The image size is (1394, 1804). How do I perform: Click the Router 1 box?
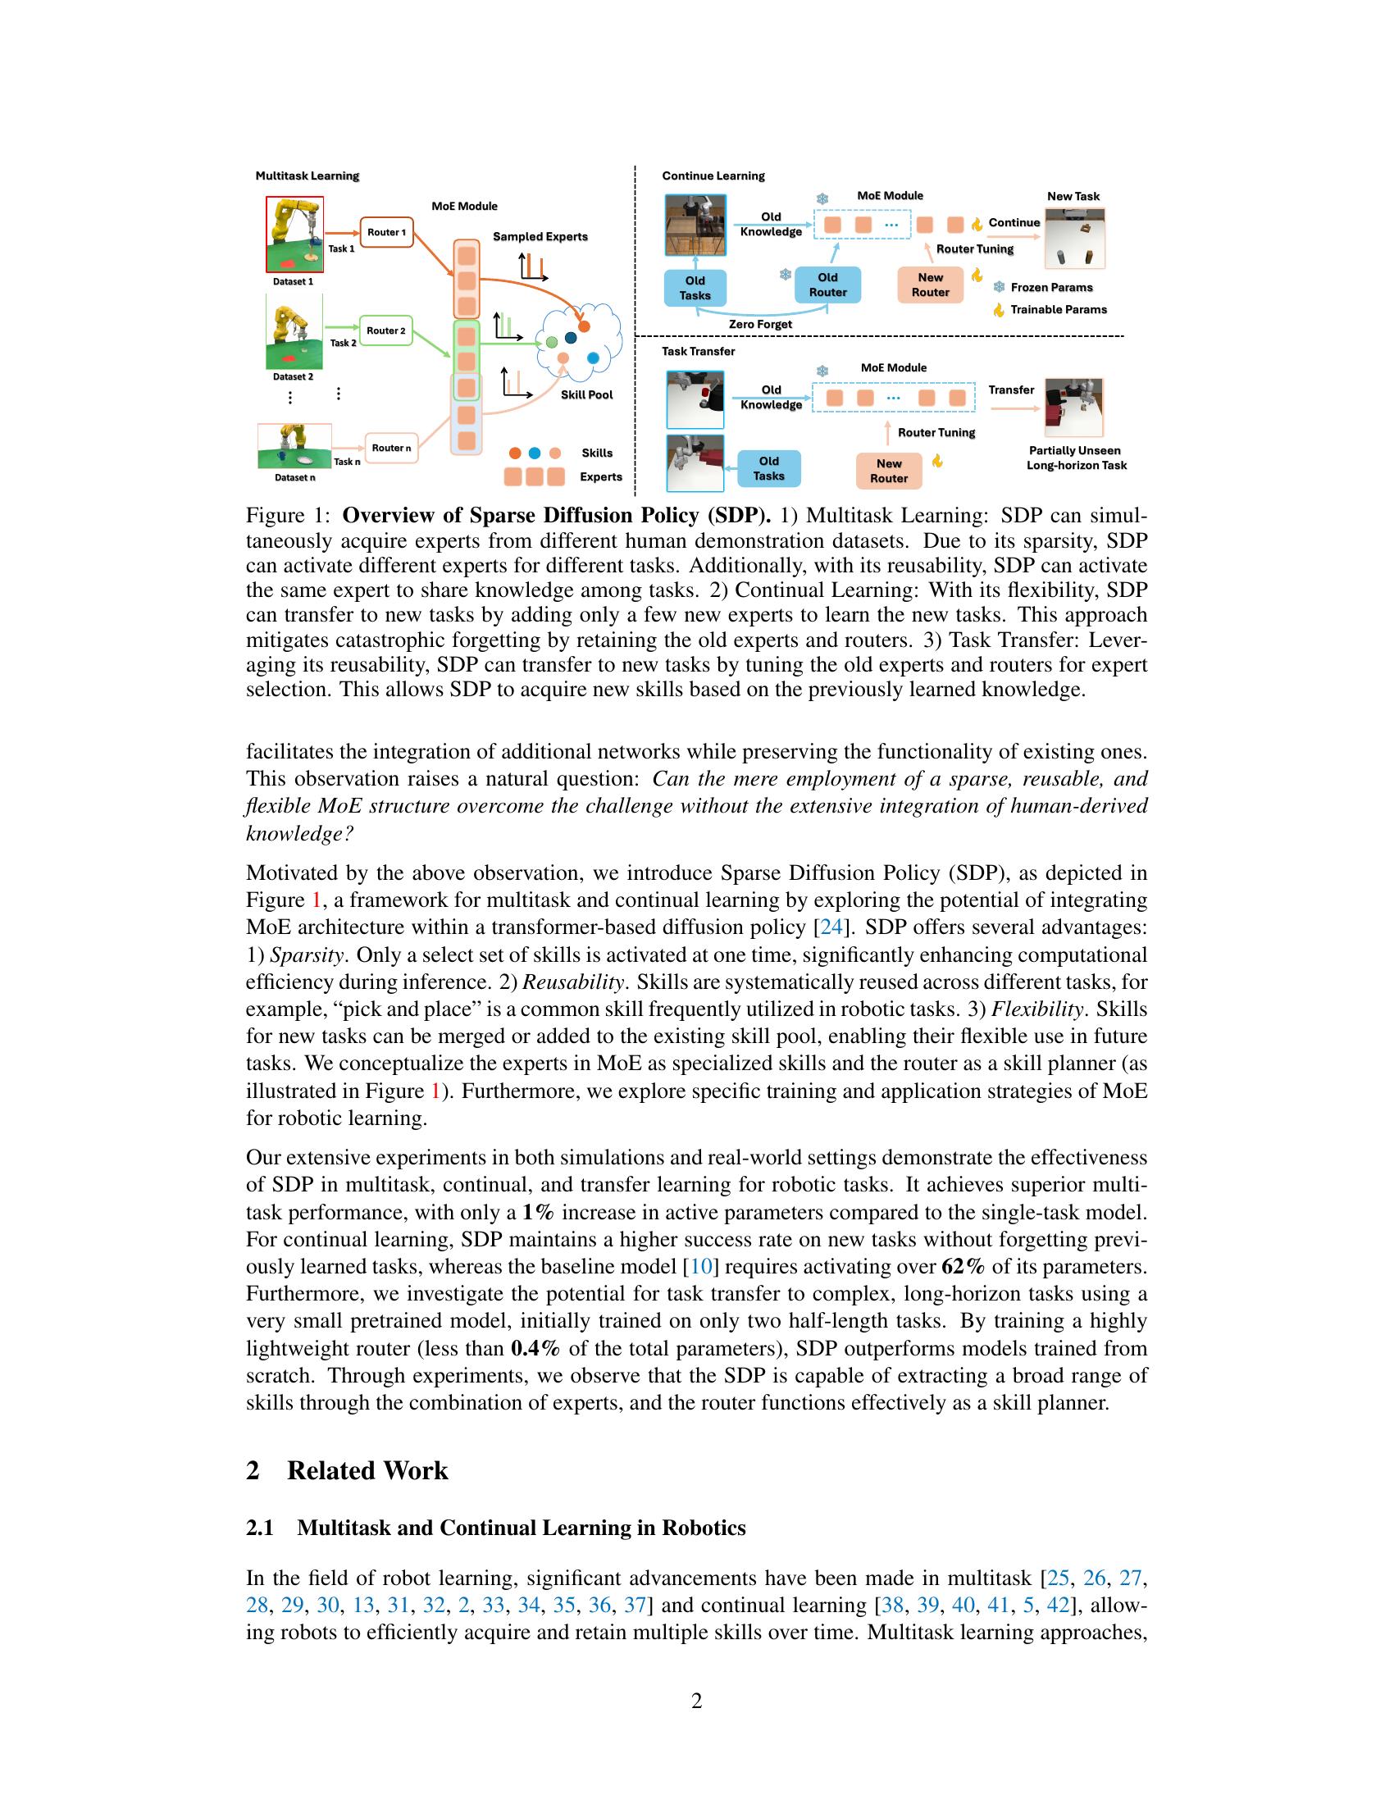coord(386,232)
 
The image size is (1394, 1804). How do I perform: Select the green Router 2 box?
coord(386,330)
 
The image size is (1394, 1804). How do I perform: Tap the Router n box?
coord(390,448)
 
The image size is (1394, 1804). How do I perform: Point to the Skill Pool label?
coord(586,395)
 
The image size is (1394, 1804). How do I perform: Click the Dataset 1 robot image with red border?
coord(294,235)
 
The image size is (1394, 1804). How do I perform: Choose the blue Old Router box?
coord(827,285)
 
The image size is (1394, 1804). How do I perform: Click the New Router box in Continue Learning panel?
coord(930,285)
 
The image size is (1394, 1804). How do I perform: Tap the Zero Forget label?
coord(760,325)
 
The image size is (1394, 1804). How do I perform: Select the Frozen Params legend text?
coord(1051,288)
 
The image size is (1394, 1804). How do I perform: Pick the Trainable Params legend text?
coord(1058,310)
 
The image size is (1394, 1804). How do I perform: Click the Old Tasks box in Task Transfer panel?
coord(769,468)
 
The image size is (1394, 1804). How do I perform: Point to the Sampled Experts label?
coord(540,236)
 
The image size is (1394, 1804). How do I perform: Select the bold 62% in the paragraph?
coord(963,1266)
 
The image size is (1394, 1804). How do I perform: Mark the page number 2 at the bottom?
coord(696,1701)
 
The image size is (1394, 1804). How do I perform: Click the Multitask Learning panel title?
coord(307,176)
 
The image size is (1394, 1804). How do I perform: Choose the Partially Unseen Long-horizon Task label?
coord(1076,458)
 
